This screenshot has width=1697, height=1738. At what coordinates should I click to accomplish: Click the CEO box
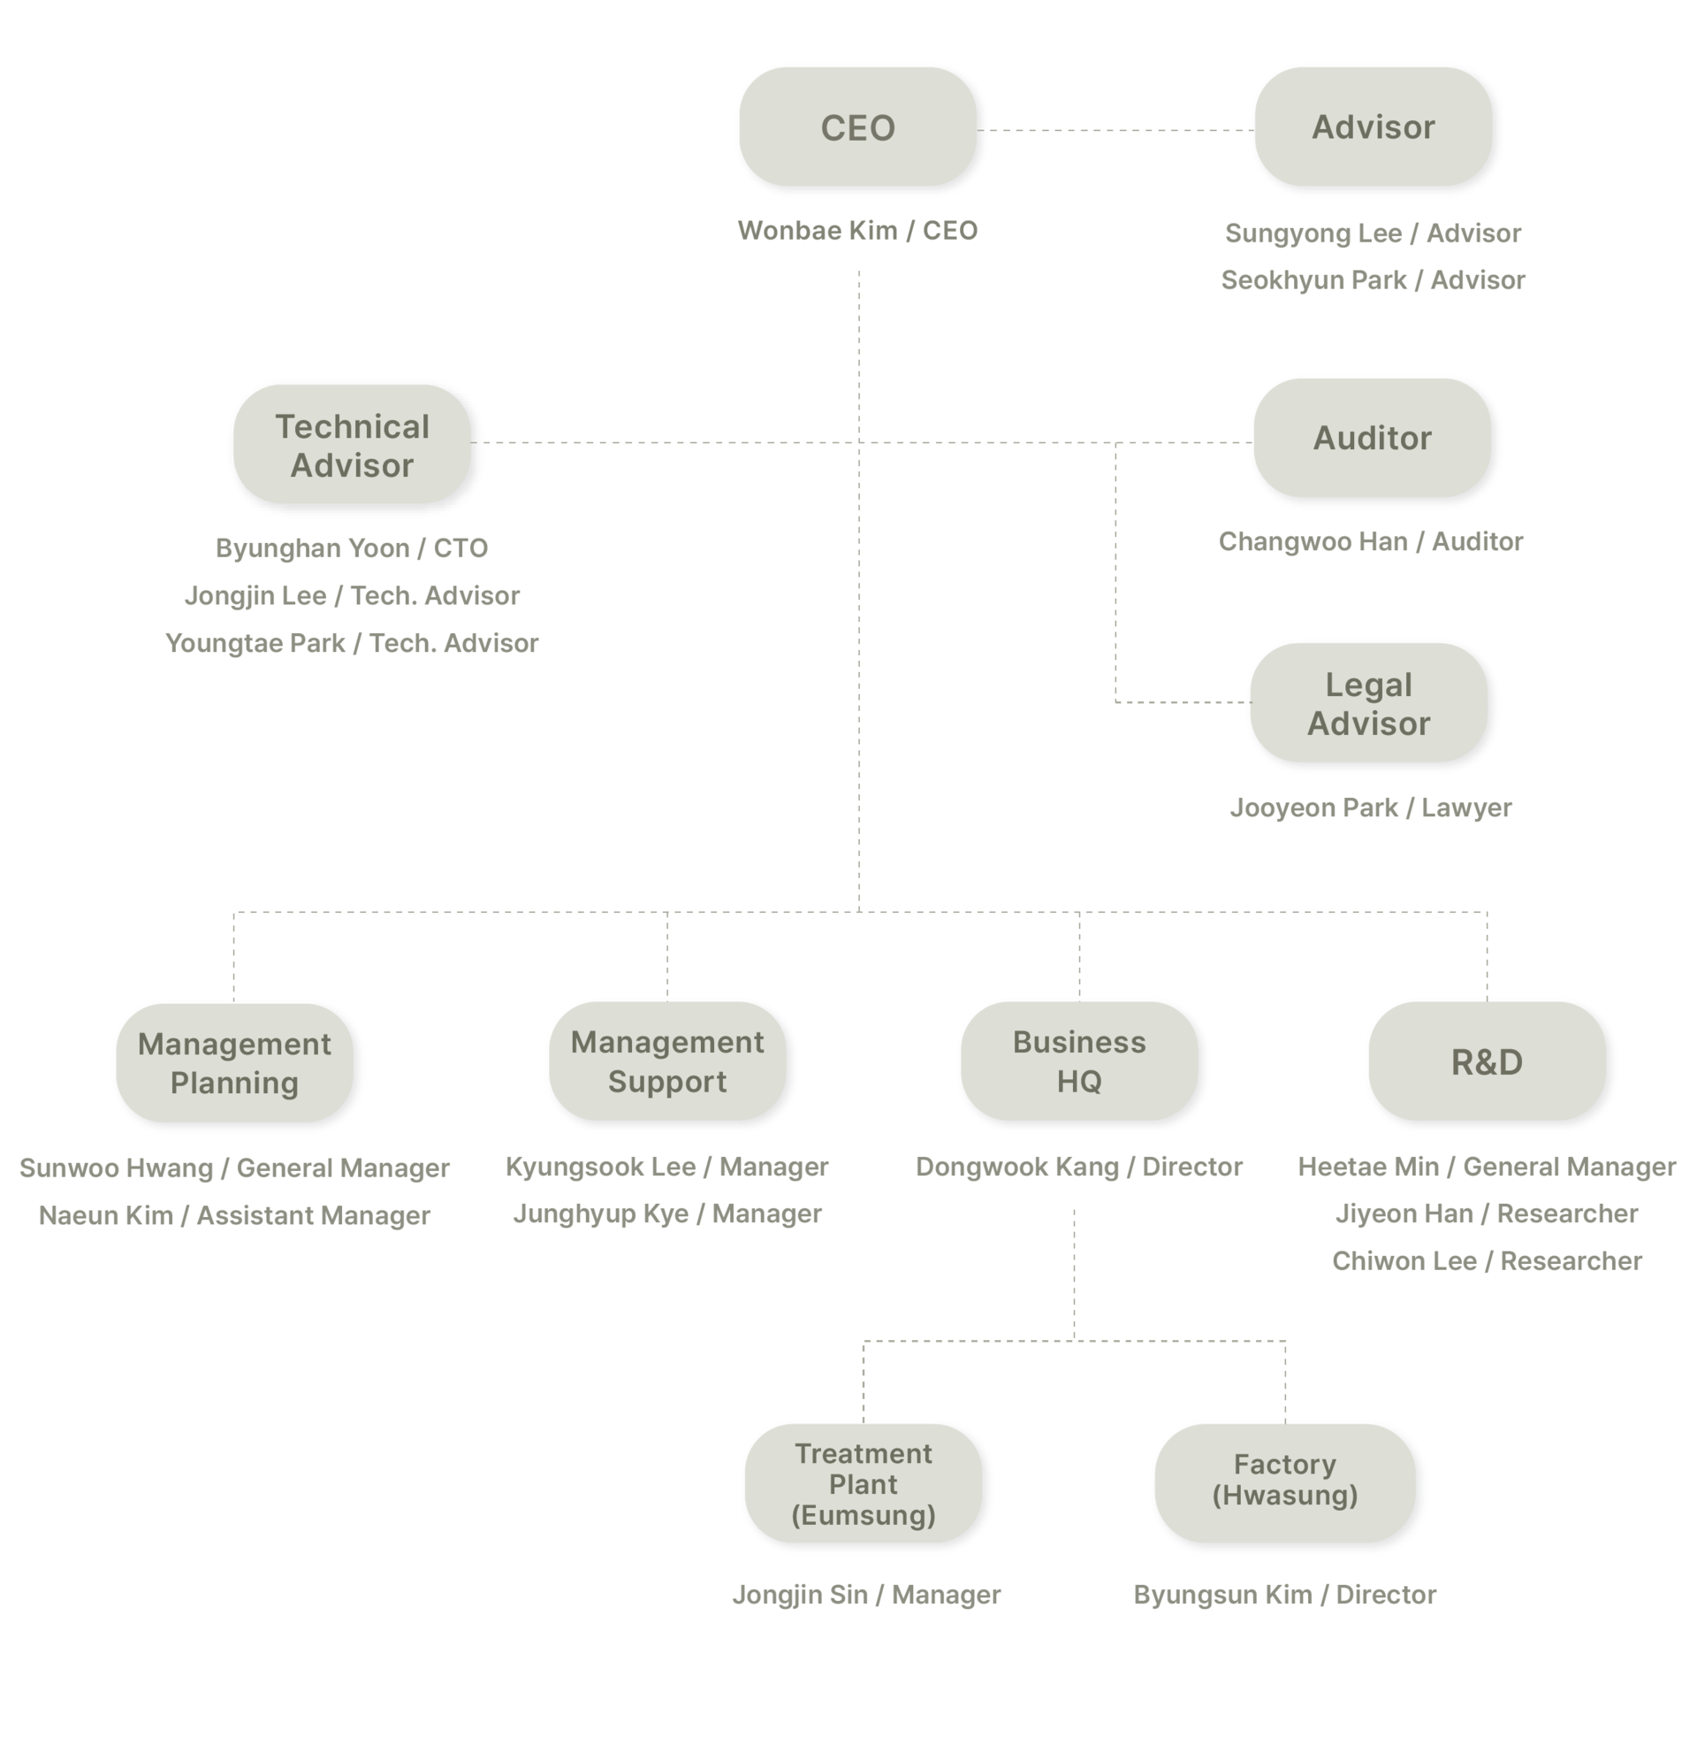point(857,126)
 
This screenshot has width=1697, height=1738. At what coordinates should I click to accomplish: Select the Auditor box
point(1372,438)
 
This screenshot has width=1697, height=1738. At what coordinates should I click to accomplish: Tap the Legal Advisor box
point(1368,702)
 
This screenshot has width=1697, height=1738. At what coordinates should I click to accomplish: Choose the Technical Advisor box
point(352,444)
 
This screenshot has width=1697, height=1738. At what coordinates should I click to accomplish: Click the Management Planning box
point(234,1063)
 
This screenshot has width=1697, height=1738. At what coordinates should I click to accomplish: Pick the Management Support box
point(667,1061)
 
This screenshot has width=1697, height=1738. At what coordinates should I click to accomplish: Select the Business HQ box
point(1079,1061)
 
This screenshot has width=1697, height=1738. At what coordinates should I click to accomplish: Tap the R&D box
point(1487,1061)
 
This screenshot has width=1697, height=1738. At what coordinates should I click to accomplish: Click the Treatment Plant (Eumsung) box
point(864,1484)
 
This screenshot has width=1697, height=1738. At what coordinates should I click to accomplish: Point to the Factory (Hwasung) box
point(1285,1484)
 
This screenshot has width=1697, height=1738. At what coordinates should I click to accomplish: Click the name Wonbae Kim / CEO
point(857,231)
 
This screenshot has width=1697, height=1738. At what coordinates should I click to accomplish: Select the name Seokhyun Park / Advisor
point(1373,280)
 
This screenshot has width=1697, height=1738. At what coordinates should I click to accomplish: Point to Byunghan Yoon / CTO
point(352,547)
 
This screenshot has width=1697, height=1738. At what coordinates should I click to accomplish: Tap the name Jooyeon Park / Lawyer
point(1371,808)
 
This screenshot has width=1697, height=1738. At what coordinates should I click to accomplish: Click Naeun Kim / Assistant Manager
point(234,1215)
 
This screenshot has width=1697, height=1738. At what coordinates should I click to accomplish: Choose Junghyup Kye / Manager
point(667,1214)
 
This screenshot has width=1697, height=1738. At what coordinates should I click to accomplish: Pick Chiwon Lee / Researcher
point(1487,1261)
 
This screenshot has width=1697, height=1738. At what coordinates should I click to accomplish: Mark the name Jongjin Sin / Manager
point(866,1595)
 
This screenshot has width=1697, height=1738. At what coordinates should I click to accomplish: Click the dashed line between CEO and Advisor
point(1115,130)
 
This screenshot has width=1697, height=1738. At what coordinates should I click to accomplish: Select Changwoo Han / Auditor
point(1371,541)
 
